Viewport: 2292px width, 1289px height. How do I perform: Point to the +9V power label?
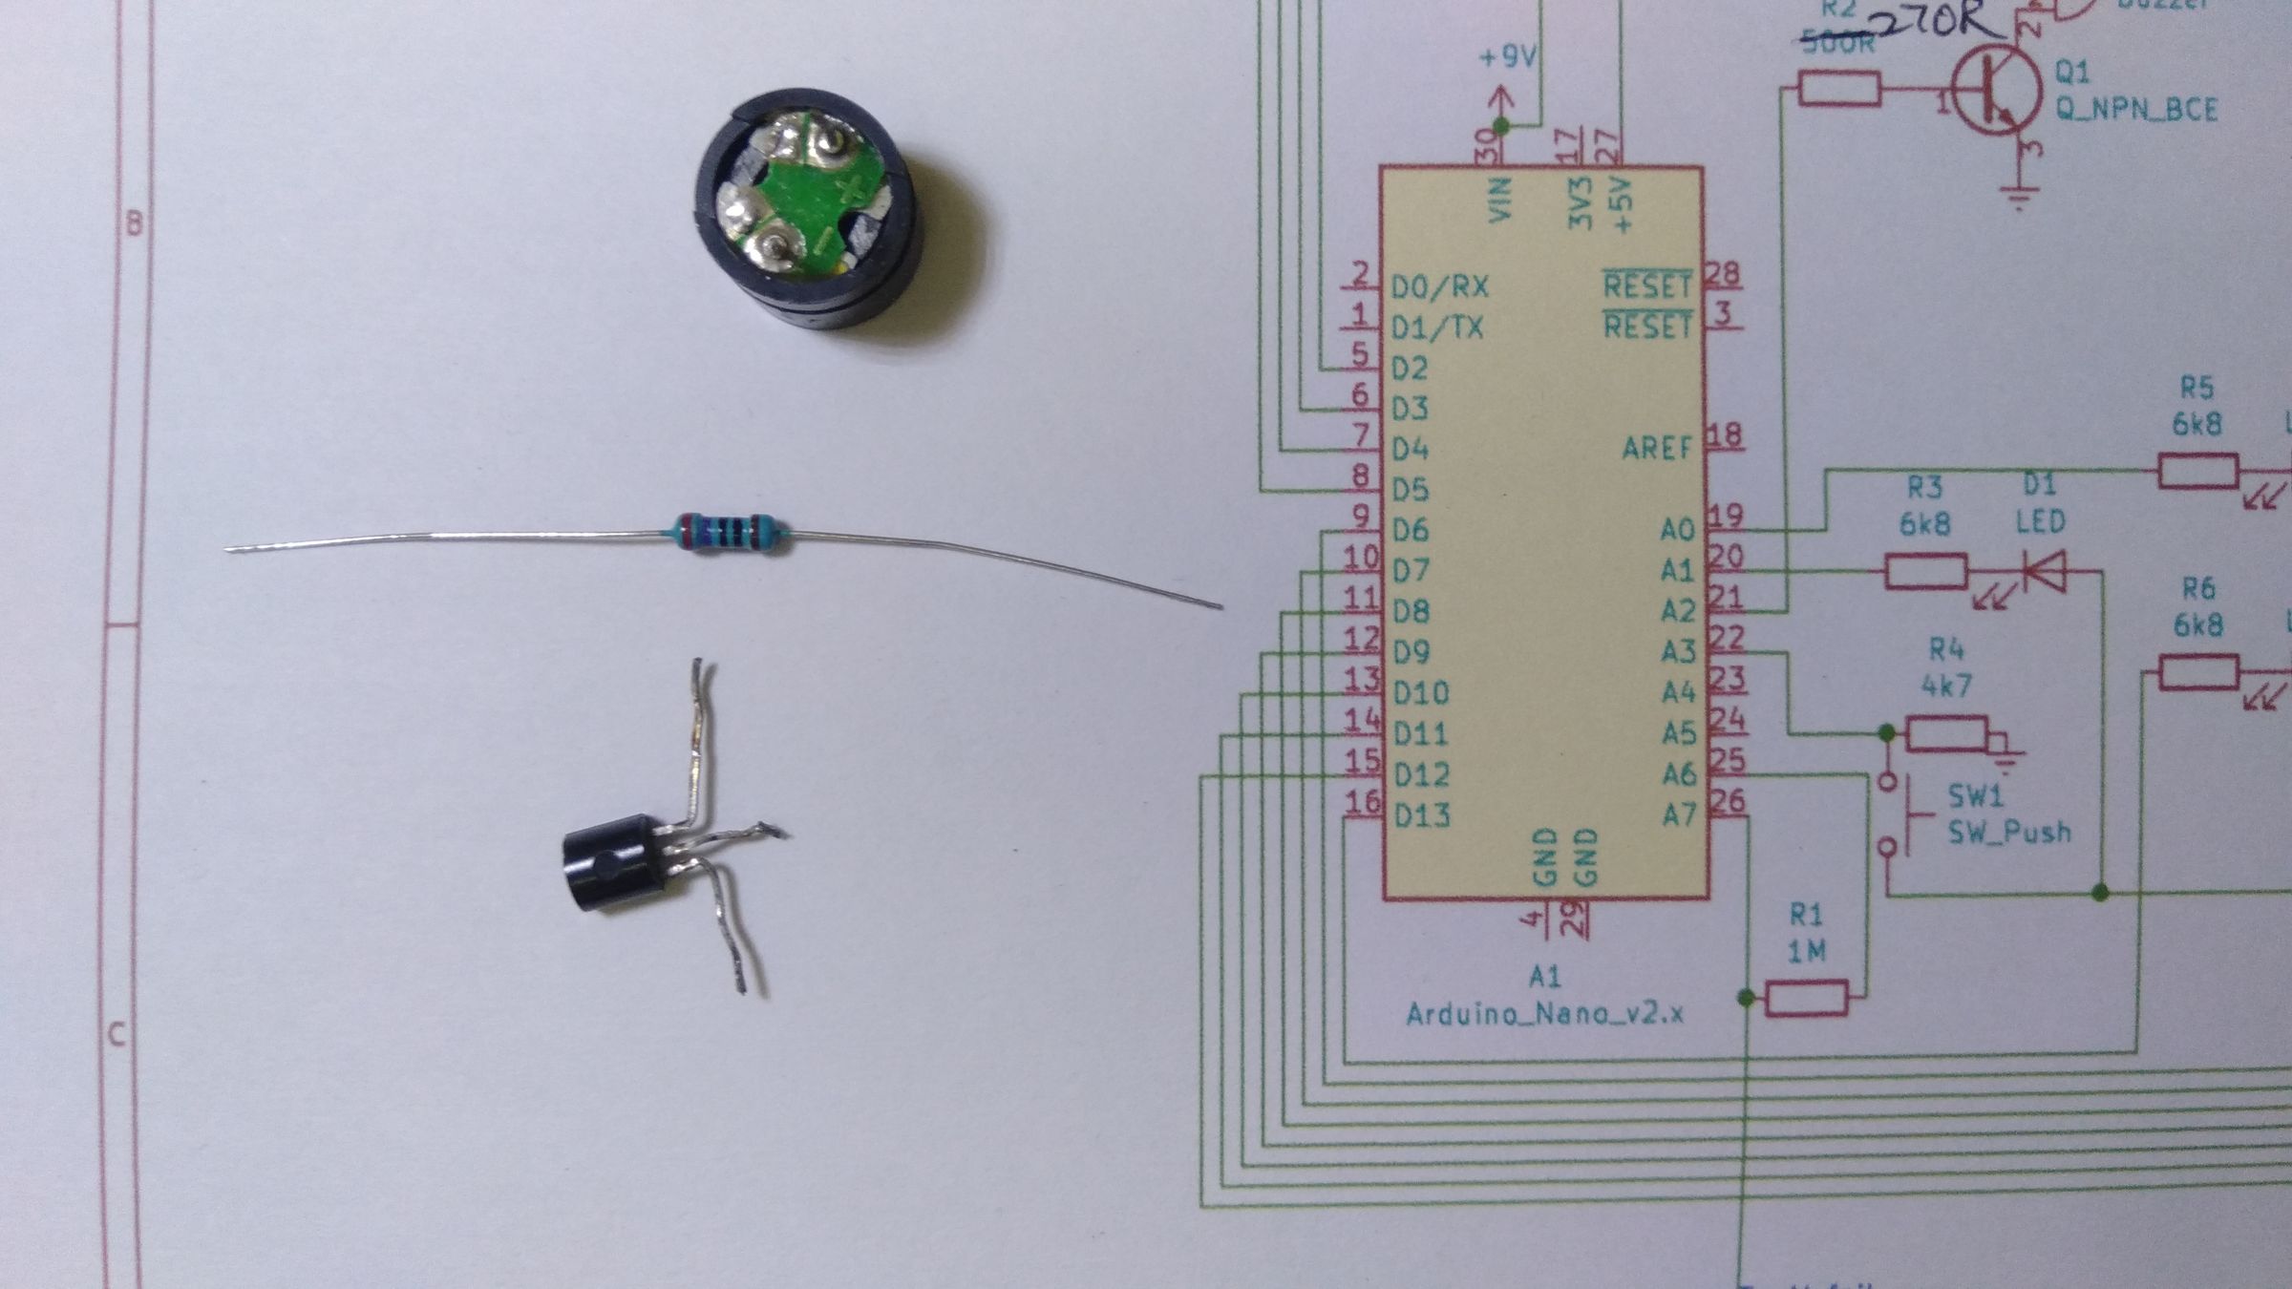click(1508, 57)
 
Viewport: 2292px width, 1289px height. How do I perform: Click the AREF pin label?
click(1657, 447)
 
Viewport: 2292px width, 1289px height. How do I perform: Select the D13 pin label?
click(1421, 815)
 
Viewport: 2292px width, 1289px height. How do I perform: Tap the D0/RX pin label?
click(1439, 286)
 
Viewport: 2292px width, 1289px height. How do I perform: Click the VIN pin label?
click(1502, 201)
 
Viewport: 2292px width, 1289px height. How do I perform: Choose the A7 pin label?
click(1678, 814)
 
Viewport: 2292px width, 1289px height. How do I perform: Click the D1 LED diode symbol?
click(2045, 572)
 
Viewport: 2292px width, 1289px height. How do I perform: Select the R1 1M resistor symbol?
click(1806, 998)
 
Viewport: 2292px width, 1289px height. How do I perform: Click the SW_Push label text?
click(2009, 832)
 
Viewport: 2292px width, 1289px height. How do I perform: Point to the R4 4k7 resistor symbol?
click(1947, 733)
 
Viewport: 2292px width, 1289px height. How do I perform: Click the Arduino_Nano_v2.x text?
click(1544, 1013)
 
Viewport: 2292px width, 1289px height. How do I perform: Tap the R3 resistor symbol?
click(1925, 572)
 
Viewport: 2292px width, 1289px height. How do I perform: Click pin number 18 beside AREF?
click(1725, 436)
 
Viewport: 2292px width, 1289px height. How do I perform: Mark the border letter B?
click(135, 223)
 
